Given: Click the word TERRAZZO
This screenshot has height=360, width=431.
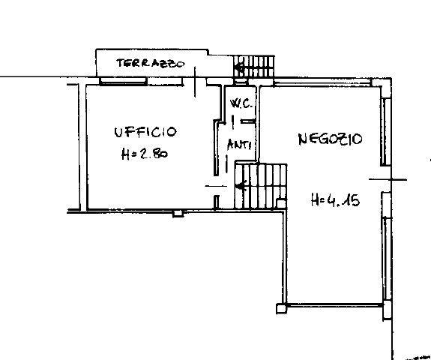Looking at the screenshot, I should [150, 64].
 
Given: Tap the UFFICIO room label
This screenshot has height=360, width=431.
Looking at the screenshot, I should [145, 133].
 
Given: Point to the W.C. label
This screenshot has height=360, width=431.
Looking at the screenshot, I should [239, 103].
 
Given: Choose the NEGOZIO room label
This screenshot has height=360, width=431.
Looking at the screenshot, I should [330, 139].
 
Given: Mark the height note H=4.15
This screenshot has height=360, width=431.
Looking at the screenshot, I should [334, 200].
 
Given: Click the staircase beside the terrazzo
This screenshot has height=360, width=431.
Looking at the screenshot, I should [254, 67].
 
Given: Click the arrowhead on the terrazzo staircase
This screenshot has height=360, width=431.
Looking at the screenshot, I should [239, 70].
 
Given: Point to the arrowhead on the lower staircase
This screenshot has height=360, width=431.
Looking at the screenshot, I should [239, 186].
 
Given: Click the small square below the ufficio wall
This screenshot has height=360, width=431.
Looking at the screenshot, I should [177, 213].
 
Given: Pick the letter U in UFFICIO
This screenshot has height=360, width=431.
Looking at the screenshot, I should [118, 133].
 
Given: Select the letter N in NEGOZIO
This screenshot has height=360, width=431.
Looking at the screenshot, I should [301, 139].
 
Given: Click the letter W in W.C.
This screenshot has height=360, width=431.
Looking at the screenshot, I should [234, 103].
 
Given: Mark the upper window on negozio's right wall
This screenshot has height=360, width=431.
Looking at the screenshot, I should [385, 132].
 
